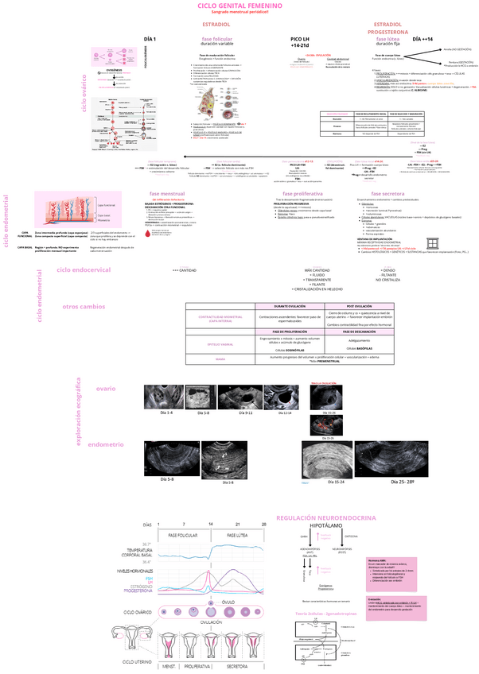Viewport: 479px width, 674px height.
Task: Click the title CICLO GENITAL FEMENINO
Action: click(x=240, y=6)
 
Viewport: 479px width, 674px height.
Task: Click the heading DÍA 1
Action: click(x=150, y=39)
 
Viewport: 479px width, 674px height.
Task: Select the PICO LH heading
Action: click(x=300, y=39)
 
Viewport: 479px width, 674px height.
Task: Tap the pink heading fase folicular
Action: click(x=217, y=38)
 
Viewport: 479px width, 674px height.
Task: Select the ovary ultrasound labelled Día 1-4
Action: click(x=166, y=398)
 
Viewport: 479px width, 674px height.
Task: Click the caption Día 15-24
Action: click(x=336, y=482)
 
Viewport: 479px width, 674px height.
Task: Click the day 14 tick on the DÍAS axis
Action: click(x=210, y=525)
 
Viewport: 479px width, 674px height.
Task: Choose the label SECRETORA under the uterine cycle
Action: click(x=237, y=665)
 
